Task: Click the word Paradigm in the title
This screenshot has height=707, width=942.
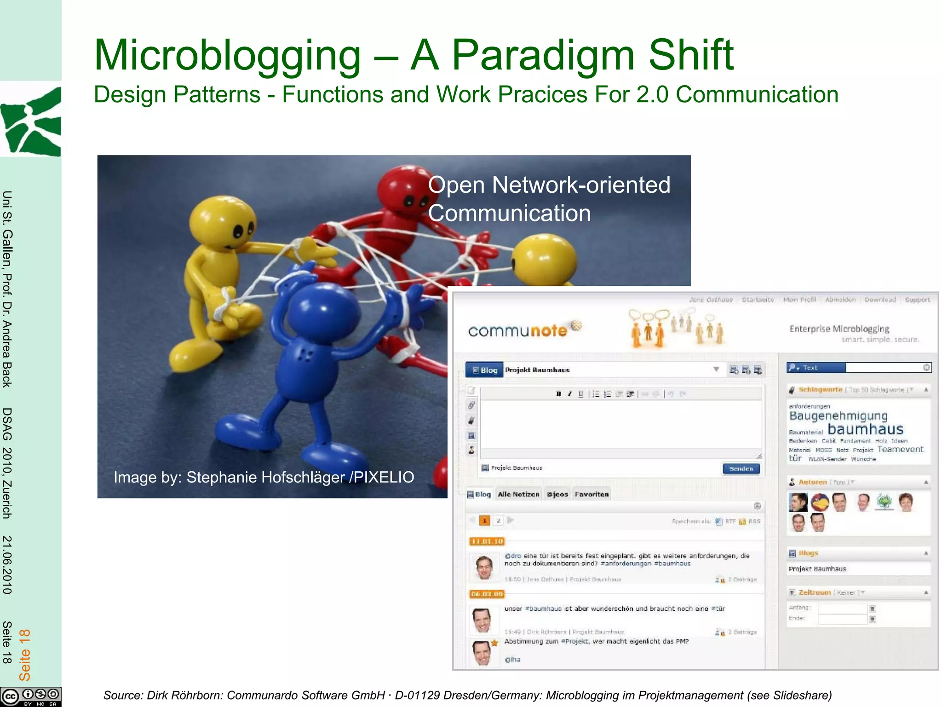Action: pos(543,56)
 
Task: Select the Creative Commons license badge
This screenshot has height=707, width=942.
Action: pos(30,696)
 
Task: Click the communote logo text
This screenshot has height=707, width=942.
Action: pos(517,330)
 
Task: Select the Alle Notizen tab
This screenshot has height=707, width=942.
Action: pos(518,494)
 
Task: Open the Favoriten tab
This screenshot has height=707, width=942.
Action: pos(592,494)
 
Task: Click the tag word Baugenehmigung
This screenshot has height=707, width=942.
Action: pos(838,416)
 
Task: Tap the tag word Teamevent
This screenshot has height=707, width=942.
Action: pos(900,449)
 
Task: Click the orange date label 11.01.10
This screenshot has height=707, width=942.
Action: pos(487,541)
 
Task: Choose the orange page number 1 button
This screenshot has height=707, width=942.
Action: pos(484,521)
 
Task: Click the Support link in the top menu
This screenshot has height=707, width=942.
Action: pos(917,300)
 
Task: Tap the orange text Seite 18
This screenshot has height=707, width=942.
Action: pos(24,655)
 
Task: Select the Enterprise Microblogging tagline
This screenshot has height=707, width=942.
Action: pos(839,329)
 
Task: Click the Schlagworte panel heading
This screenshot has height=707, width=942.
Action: pos(820,390)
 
